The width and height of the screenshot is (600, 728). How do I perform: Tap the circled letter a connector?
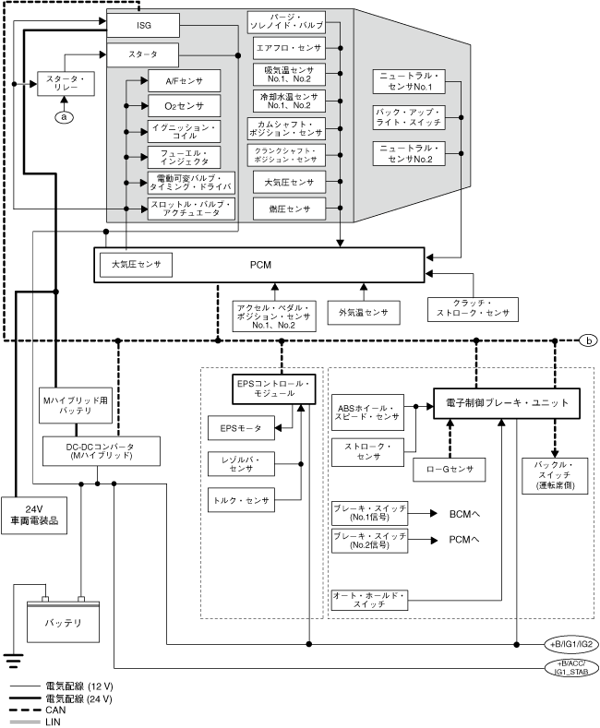(64, 116)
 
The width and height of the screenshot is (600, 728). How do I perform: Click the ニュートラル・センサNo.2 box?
(409, 153)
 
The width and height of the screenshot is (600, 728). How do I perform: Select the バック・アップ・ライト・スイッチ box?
(409, 116)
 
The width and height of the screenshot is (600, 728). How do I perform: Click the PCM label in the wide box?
(260, 265)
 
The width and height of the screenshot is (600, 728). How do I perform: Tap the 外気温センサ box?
(364, 312)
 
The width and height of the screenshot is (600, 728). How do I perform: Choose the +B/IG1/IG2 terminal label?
(568, 643)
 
